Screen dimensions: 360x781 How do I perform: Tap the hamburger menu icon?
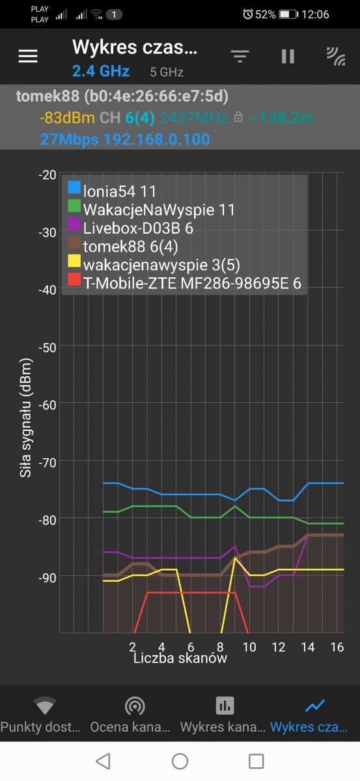click(28, 56)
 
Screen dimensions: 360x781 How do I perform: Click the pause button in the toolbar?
click(288, 56)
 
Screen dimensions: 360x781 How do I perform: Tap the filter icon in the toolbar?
click(240, 56)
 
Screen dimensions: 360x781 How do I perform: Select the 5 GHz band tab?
click(167, 72)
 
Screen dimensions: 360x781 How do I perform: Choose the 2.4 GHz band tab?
click(101, 71)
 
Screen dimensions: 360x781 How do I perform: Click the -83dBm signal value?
click(67, 118)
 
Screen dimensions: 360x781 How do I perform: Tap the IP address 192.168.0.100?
click(157, 139)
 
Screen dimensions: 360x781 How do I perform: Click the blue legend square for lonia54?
click(74, 187)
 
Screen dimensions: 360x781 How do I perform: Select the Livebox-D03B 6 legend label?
click(138, 228)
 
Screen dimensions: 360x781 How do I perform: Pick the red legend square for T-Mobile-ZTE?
click(74, 280)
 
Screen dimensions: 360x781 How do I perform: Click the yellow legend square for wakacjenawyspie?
click(74, 261)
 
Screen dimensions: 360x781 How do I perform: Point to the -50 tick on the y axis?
click(47, 348)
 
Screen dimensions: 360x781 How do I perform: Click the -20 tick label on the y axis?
click(47, 174)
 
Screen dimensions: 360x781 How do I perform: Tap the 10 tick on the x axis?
click(249, 647)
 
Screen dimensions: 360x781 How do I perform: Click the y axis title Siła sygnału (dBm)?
click(25, 417)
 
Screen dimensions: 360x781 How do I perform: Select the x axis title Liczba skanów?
click(180, 658)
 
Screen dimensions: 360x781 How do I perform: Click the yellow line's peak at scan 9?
click(235, 558)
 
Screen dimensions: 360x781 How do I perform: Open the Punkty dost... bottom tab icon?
click(45, 705)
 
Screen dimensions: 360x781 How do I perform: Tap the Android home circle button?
click(180, 761)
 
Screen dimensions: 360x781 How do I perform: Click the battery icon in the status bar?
click(288, 14)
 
